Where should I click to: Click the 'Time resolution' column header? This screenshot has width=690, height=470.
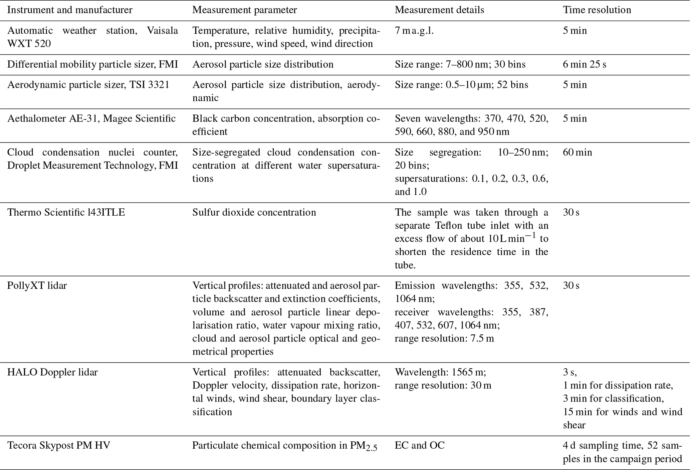tap(597, 10)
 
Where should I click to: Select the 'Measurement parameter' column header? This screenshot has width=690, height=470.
tap(244, 10)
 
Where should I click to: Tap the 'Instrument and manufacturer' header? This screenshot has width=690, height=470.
tap(70, 10)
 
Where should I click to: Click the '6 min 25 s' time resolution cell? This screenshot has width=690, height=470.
tap(584, 64)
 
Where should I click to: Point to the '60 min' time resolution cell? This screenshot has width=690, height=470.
tap(577, 152)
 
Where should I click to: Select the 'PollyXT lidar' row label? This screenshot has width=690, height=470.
tap(37, 285)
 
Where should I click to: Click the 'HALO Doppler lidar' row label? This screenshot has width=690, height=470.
tap(52, 372)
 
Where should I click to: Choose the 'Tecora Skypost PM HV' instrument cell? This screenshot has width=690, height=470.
tap(59, 445)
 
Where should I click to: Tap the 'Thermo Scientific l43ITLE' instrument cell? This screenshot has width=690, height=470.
tap(66, 212)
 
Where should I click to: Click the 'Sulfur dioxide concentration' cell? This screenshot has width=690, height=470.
tap(254, 212)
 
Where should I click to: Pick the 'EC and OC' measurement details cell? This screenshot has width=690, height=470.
tap(420, 445)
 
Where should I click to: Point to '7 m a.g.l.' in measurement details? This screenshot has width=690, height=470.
tap(414, 31)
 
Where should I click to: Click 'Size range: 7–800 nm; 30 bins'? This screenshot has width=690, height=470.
tap(460, 64)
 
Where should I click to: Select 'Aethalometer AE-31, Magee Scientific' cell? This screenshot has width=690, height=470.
tap(91, 119)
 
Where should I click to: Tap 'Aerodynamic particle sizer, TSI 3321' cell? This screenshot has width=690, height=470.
tap(88, 84)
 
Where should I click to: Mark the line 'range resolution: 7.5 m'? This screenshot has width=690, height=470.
tap(444, 338)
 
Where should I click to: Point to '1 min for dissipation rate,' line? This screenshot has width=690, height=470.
tap(618, 385)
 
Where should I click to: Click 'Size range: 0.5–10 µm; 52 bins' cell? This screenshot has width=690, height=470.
tap(461, 84)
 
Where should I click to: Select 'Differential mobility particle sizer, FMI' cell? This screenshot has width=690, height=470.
tap(92, 64)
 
